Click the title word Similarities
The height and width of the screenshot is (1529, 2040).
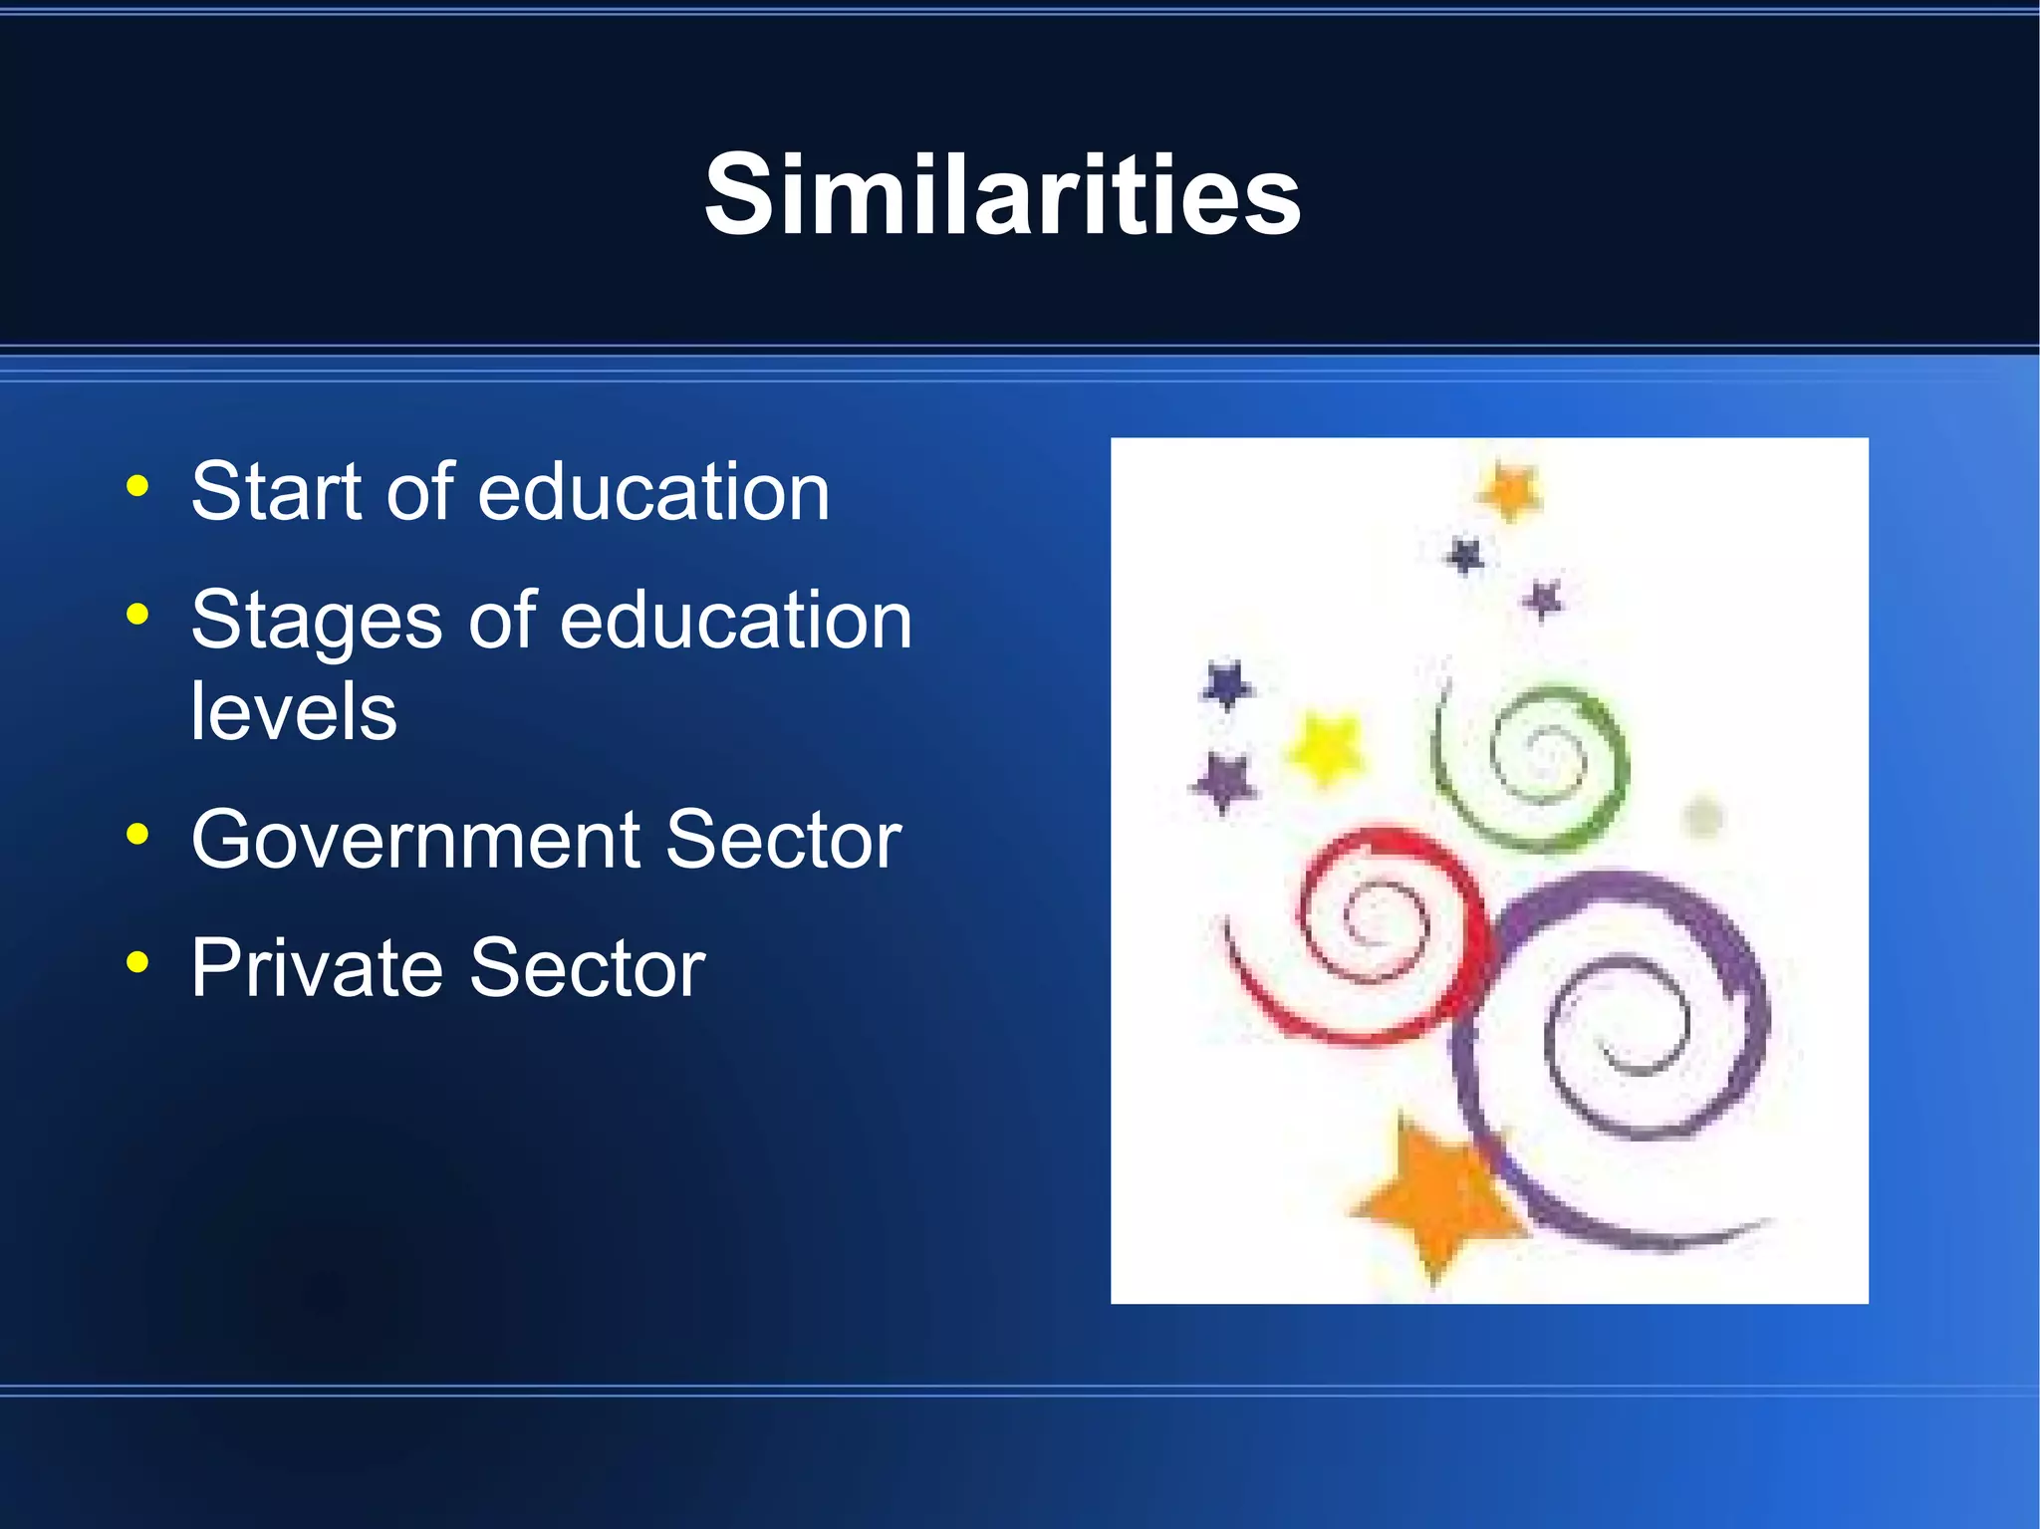(x=1002, y=194)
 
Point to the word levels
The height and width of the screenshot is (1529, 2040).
(x=294, y=711)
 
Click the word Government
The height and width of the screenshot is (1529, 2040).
(x=415, y=840)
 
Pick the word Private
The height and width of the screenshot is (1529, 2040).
(x=317, y=967)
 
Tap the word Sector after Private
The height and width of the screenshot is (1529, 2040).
(x=588, y=967)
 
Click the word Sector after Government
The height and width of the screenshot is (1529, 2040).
(x=783, y=840)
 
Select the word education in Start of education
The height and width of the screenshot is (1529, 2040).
(x=653, y=491)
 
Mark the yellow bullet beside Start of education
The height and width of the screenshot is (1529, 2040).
(x=137, y=487)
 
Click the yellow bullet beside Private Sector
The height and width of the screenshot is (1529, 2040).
(x=137, y=962)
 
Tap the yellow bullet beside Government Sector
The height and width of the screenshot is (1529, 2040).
(x=137, y=835)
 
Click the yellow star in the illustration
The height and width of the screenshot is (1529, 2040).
(x=1326, y=747)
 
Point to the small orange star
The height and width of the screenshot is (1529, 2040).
(x=1510, y=491)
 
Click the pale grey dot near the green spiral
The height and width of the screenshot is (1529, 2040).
(x=1702, y=818)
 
